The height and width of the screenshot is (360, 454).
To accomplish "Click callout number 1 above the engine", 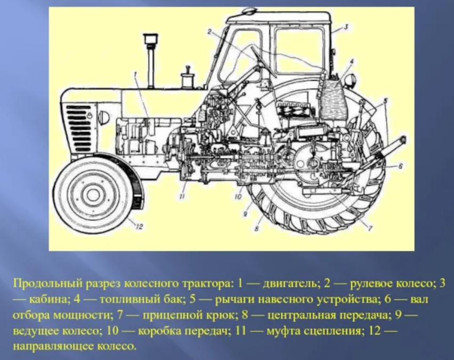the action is pyautogui.click(x=135, y=75).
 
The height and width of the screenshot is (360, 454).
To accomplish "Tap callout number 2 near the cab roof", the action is pyautogui.click(x=209, y=31).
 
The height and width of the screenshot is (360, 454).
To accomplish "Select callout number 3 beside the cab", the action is pyautogui.click(x=345, y=27).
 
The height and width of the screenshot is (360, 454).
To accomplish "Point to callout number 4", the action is pyautogui.click(x=352, y=61).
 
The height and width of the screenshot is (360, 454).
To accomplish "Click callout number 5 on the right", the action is pyautogui.click(x=386, y=101).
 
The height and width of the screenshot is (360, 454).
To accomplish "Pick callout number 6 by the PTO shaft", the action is pyautogui.click(x=400, y=166).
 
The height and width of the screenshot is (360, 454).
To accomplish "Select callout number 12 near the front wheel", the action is pyautogui.click(x=139, y=226).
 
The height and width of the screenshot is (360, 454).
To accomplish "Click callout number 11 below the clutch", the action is pyautogui.click(x=182, y=196).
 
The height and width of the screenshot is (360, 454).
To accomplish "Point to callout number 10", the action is pyautogui.click(x=238, y=196).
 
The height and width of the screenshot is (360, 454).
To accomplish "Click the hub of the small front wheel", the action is pyautogui.click(x=93, y=193).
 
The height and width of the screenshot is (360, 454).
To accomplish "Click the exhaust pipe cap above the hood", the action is pyautogui.click(x=151, y=38).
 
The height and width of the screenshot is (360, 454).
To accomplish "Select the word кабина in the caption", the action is pyautogui.click(x=49, y=299).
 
